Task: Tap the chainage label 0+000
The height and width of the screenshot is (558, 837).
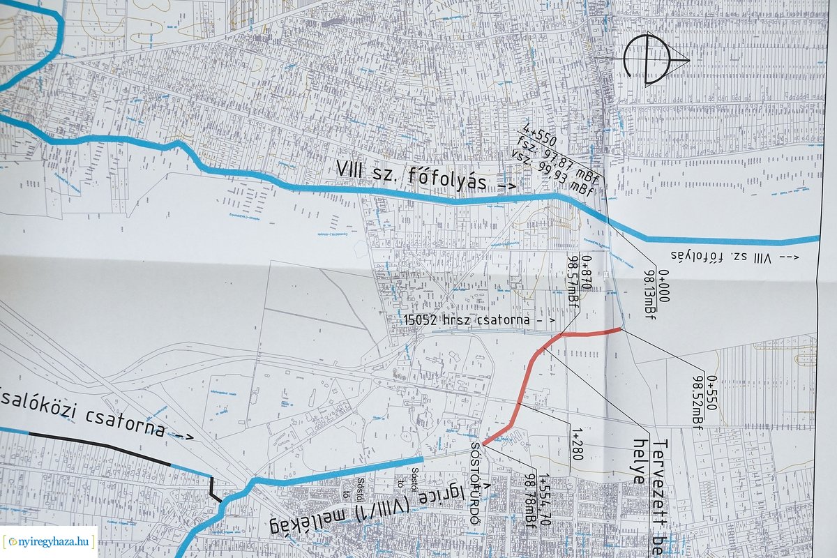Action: coord(663,286)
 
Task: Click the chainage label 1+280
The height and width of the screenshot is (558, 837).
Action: coord(578,448)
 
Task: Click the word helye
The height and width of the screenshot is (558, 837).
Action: coord(638,462)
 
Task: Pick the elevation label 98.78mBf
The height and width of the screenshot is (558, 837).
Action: coord(529,501)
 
